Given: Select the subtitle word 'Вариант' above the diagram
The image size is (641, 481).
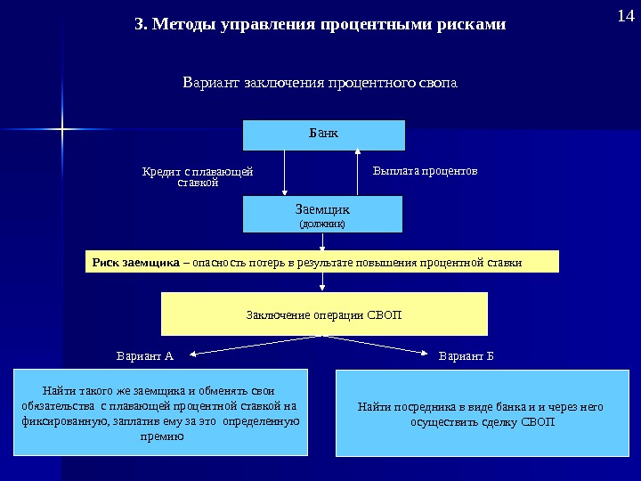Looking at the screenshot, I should [207, 84].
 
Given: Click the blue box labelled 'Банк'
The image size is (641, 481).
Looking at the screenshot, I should [324, 135].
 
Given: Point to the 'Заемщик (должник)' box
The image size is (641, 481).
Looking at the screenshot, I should [322, 215].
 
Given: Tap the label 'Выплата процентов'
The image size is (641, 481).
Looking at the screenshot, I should [425, 169].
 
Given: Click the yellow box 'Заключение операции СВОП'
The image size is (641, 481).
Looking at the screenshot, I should [324, 314].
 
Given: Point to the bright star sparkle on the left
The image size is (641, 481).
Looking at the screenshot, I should [63, 130].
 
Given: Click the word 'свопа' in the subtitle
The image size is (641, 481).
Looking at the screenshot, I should [437, 84].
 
